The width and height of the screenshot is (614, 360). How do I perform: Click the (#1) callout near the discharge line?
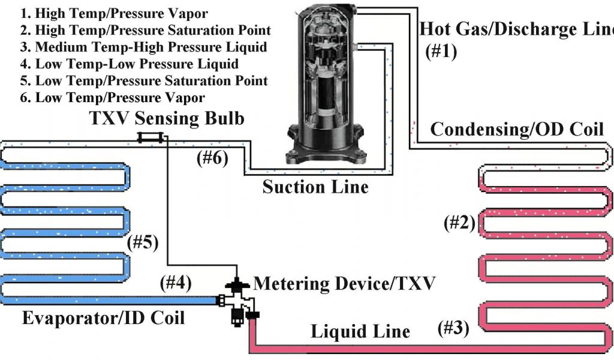click(x=441, y=52)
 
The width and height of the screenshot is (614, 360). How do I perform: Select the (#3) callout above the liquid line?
click(x=453, y=328)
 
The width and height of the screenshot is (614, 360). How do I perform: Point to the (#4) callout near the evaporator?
click(x=176, y=283)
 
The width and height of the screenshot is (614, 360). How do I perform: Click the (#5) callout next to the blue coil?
click(x=143, y=242)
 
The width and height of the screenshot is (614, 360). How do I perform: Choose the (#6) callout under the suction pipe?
click(x=212, y=158)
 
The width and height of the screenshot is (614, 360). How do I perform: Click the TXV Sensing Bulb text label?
click(x=167, y=118)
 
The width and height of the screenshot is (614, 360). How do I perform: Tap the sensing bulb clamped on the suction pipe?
click(x=150, y=137)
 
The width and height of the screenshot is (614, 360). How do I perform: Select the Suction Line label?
click(x=315, y=187)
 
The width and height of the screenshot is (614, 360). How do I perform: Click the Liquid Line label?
click(x=360, y=331)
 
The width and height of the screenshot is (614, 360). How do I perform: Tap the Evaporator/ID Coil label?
click(x=103, y=317)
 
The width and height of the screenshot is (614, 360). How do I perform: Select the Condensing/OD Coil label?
click(x=517, y=129)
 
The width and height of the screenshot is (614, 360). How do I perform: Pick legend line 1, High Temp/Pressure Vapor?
click(x=114, y=13)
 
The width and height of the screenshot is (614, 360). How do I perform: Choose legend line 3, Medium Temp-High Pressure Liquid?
click(x=144, y=47)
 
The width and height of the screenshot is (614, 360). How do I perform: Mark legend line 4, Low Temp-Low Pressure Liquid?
click(x=130, y=64)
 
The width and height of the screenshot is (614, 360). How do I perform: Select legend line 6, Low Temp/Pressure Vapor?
click(x=112, y=98)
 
